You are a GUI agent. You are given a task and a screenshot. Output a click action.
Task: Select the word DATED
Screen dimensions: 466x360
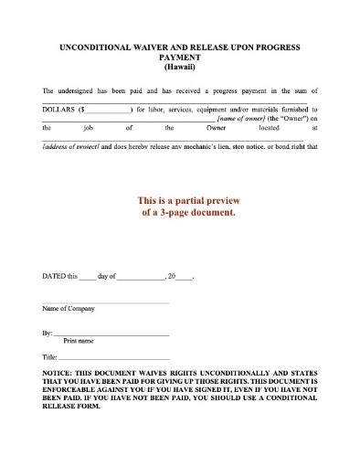tap(55, 275)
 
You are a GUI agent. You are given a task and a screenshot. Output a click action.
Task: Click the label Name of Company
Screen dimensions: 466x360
tap(69, 309)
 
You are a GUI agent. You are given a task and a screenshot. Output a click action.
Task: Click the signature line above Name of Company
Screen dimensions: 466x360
tap(105, 302)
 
